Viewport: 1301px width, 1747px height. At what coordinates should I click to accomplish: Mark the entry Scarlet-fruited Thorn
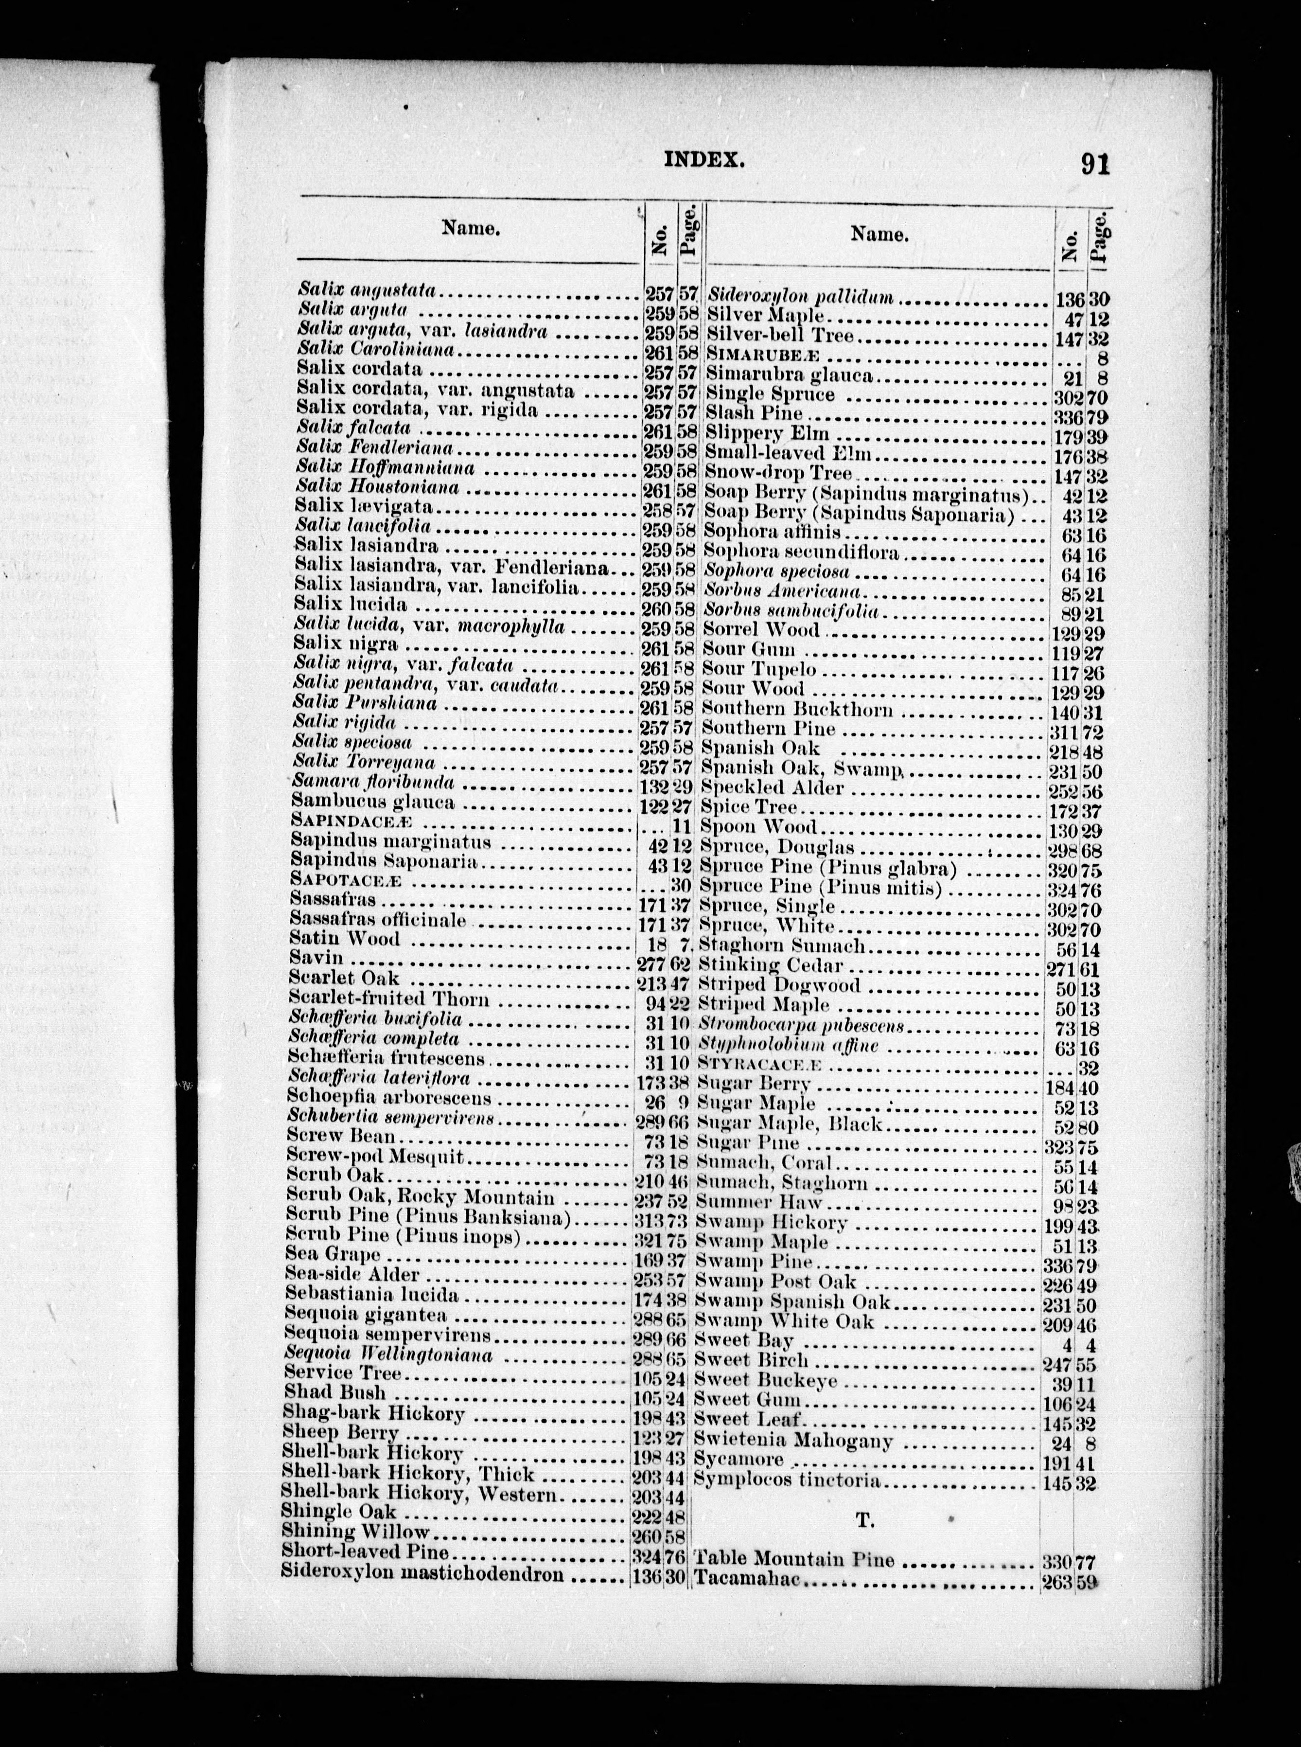pos(389,999)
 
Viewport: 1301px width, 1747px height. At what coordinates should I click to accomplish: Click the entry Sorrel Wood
pos(761,630)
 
